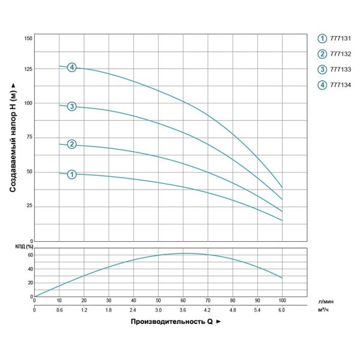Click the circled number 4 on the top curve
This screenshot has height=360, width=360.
pos(72,67)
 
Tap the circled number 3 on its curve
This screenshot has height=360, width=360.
pos(72,106)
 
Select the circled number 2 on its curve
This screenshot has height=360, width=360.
pos(72,144)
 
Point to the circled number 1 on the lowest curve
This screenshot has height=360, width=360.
pos(72,175)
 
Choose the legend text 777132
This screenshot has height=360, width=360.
pos(339,54)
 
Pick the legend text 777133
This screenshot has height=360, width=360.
pos(339,70)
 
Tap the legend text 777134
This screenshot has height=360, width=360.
pos(339,85)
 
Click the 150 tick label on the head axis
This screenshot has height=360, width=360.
pos(28,38)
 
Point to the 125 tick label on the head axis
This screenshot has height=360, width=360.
pos(28,69)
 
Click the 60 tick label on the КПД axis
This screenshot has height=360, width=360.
pos(29,255)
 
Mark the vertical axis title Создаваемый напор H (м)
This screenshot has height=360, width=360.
pos(13,137)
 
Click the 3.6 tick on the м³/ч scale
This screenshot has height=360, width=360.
pos(182,310)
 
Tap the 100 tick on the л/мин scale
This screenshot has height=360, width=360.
pos(282,299)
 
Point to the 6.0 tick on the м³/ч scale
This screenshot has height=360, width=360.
pos(282,310)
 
